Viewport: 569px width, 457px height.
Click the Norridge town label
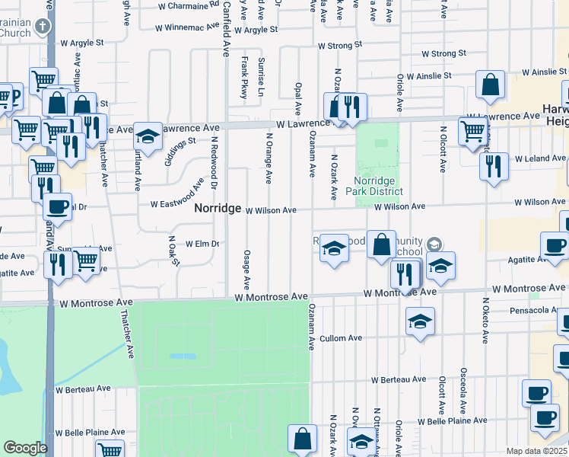point(218,208)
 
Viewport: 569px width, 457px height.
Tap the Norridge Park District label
point(378,186)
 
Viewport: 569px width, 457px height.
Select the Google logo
point(24,448)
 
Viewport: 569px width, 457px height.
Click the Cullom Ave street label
point(341,338)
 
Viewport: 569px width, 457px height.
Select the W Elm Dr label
point(202,244)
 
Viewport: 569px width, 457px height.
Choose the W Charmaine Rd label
point(187,5)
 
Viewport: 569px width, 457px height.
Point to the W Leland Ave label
point(540,158)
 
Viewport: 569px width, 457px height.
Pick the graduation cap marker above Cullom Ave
point(419,321)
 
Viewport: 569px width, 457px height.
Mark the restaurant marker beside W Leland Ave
point(494,165)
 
